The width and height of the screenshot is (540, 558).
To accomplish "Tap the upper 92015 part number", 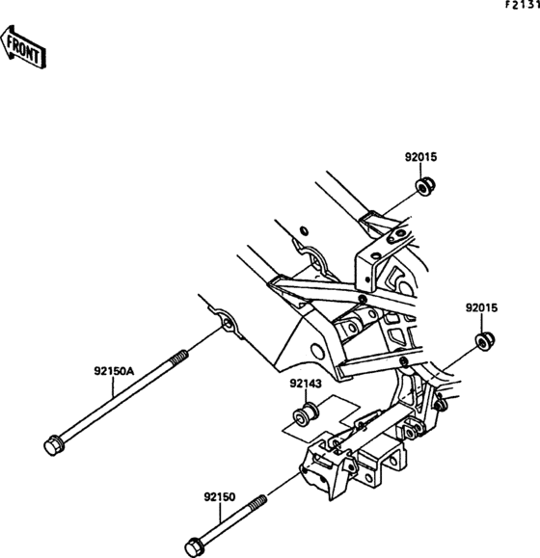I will [x=420, y=157].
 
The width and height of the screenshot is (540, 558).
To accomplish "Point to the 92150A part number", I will [x=114, y=368].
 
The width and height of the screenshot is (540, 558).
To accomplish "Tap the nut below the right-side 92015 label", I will [x=484, y=340].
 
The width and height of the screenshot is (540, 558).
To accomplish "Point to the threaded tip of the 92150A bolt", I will [x=180, y=359].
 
